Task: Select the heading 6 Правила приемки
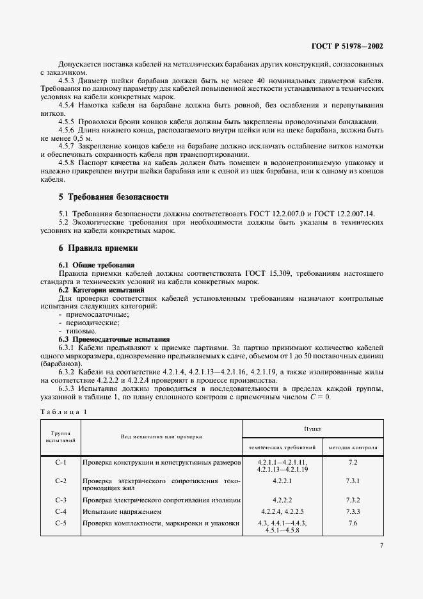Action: pos(98,248)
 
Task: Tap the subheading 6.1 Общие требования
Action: pos(97,265)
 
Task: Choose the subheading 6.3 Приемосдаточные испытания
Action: pos(114,339)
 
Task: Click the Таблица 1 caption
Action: pos(63,413)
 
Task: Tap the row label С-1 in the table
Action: pos(61,462)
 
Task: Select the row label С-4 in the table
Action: pos(61,512)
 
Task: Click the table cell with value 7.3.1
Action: pos(353,481)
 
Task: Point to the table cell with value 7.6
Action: pos(353,523)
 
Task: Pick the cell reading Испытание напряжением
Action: pos(122,512)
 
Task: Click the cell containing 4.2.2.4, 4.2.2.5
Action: pos(282,512)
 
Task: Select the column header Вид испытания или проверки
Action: pos(161,436)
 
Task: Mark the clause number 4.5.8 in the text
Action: pos(66,163)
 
